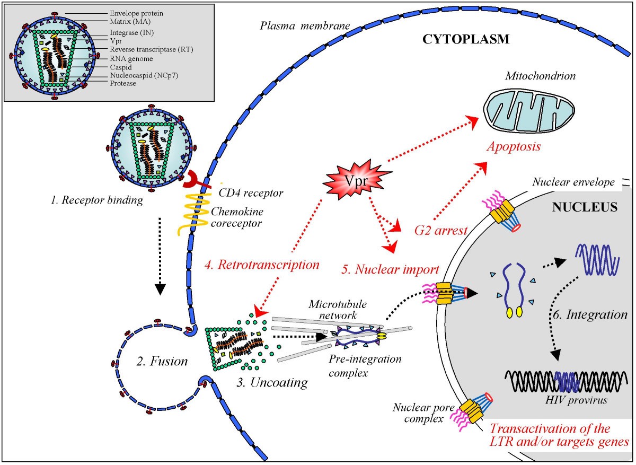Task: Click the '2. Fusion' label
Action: point(162,362)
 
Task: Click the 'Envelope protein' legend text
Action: point(137,13)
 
